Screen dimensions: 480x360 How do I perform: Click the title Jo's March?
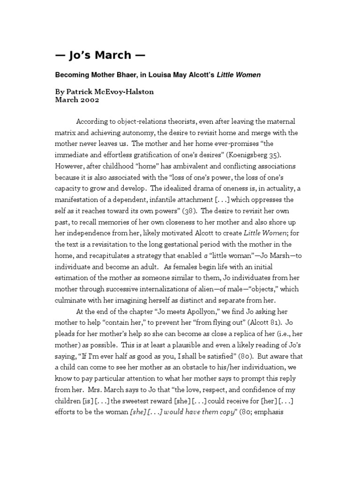click(x=100, y=55)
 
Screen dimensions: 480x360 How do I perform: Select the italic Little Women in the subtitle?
click(x=239, y=75)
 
